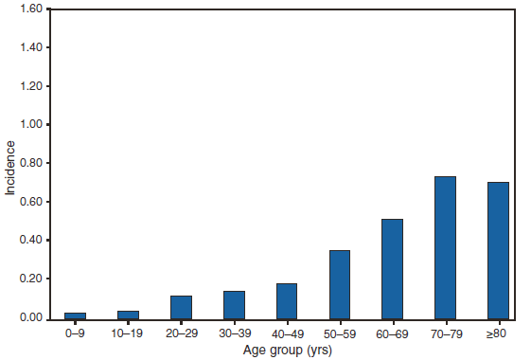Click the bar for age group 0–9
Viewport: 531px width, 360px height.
[75, 315]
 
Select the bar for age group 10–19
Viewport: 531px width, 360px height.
[128, 315]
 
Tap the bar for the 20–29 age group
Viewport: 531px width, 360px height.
[181, 307]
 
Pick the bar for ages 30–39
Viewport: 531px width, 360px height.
[234, 305]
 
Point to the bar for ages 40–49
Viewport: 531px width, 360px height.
[287, 301]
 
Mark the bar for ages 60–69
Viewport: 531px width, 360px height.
[392, 269]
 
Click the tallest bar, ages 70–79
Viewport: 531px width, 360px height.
[445, 247]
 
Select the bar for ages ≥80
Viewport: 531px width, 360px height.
[498, 250]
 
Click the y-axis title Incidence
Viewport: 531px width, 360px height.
[10, 168]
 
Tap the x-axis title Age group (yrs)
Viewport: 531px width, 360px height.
[287, 350]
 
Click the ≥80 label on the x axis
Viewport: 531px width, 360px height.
[498, 333]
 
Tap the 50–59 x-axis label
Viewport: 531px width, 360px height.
[340, 333]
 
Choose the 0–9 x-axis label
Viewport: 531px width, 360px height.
[75, 333]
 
